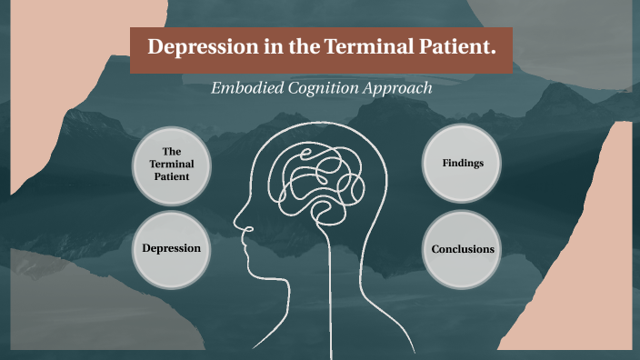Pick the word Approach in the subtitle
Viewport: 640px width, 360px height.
[398, 88]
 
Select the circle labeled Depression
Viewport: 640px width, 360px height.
[171, 247]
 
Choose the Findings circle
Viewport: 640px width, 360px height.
[463, 164]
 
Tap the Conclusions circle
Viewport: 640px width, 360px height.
[463, 248]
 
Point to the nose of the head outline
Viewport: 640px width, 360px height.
[238, 220]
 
